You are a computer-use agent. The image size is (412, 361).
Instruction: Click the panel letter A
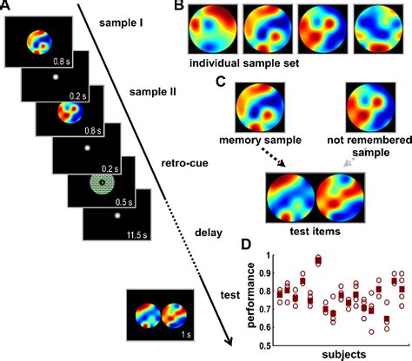click(8, 8)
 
